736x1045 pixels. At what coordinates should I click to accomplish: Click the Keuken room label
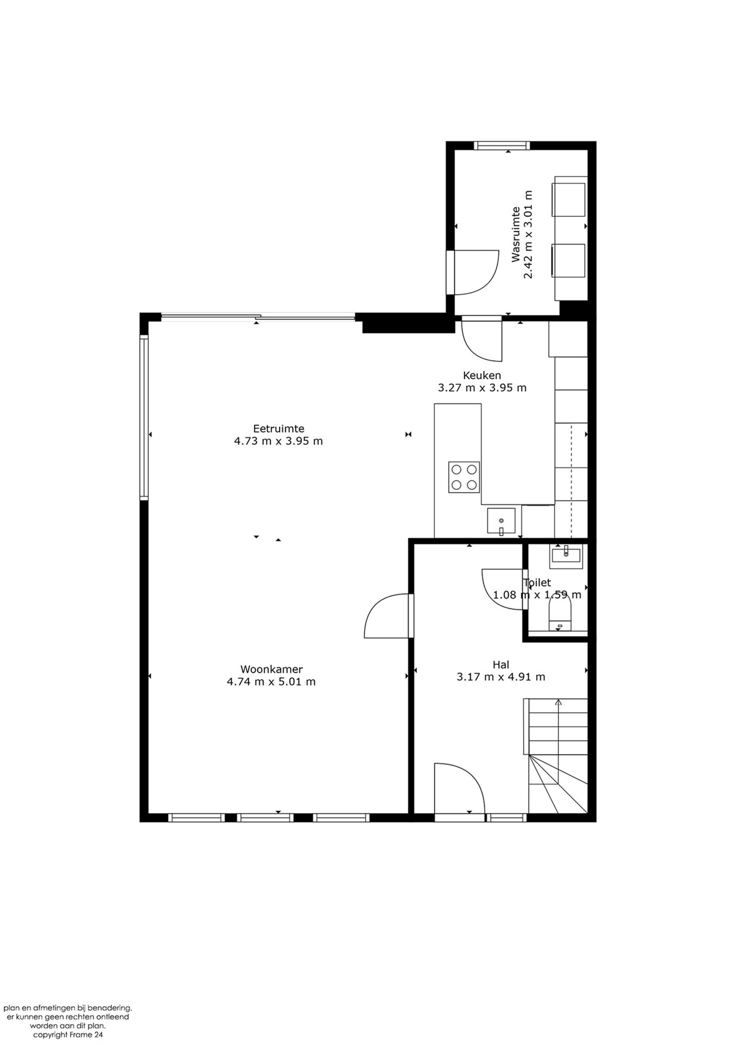[482, 376]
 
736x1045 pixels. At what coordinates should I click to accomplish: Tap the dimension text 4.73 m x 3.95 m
[278, 441]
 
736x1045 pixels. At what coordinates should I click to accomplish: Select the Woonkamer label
[272, 669]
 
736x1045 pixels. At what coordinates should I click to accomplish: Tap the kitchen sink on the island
[501, 520]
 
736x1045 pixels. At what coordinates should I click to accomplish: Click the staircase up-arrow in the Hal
[558, 702]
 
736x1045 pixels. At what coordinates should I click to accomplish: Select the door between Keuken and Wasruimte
[481, 341]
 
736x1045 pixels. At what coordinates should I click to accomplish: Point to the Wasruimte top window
[502, 146]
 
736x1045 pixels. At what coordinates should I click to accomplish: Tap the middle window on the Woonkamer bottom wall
[265, 818]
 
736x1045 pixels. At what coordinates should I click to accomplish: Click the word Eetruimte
[278, 428]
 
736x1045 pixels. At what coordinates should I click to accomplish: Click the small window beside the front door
[506, 818]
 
